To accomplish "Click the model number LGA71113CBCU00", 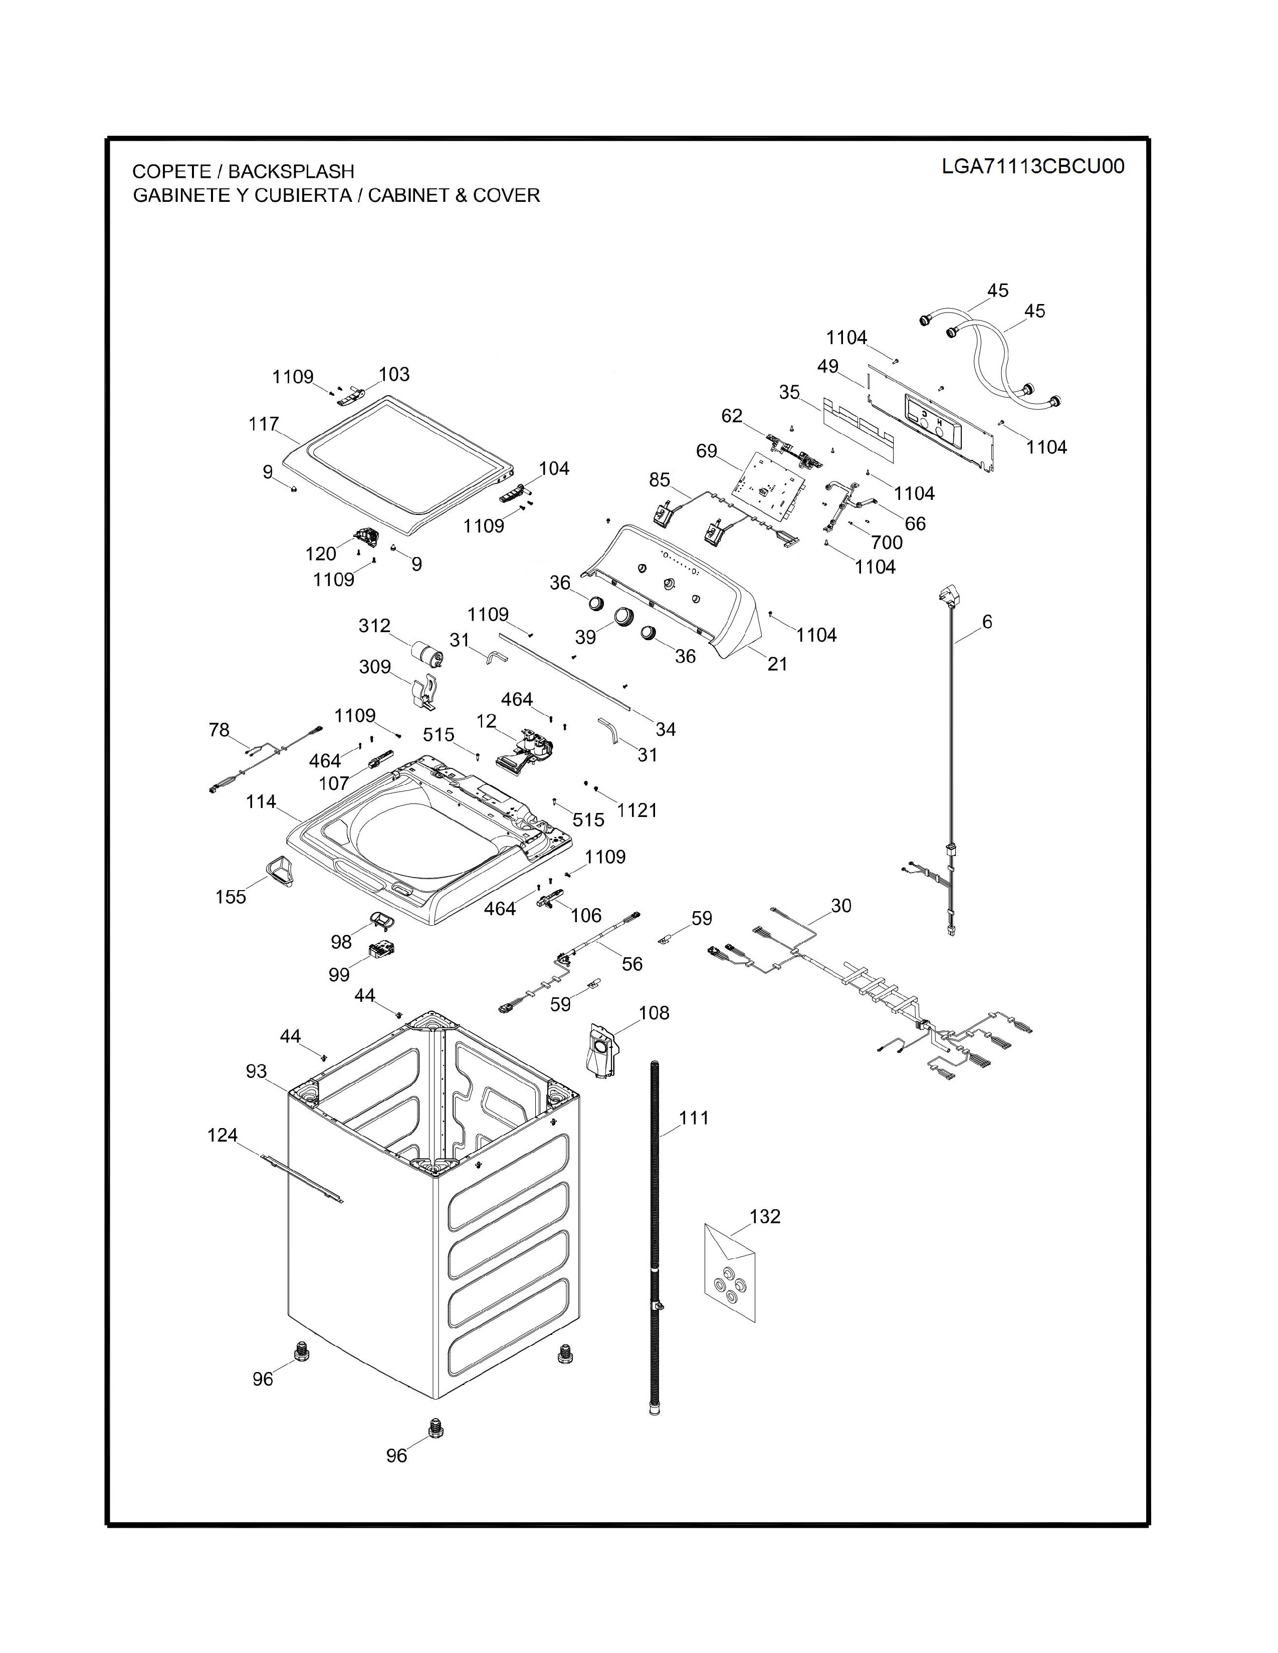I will [x=1033, y=166].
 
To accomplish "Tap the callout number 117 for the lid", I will [x=264, y=424].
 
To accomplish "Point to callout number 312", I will [x=374, y=626].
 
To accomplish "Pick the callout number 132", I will [x=765, y=1216].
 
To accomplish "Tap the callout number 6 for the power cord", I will [x=986, y=622].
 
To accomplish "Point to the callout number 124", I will [x=223, y=1135].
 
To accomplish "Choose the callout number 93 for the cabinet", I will [x=257, y=1071].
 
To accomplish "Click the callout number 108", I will [x=654, y=1013].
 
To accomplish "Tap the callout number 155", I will [x=231, y=897].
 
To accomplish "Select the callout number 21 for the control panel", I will [x=777, y=664].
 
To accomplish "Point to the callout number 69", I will [x=706, y=451].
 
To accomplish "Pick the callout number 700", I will [x=887, y=542].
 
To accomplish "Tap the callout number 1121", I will [x=636, y=810].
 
